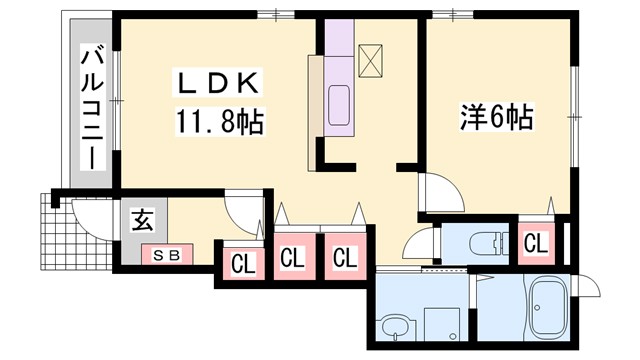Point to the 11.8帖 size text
pyautogui.click(x=222, y=122)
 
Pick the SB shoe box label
pyautogui.click(x=166, y=255)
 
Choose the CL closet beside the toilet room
pyautogui.click(x=535, y=243)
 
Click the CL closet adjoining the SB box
pyautogui.click(x=242, y=264)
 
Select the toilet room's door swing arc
pyautogui.click(x=421, y=244)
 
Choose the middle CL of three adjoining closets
pyautogui.click(x=292, y=257)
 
